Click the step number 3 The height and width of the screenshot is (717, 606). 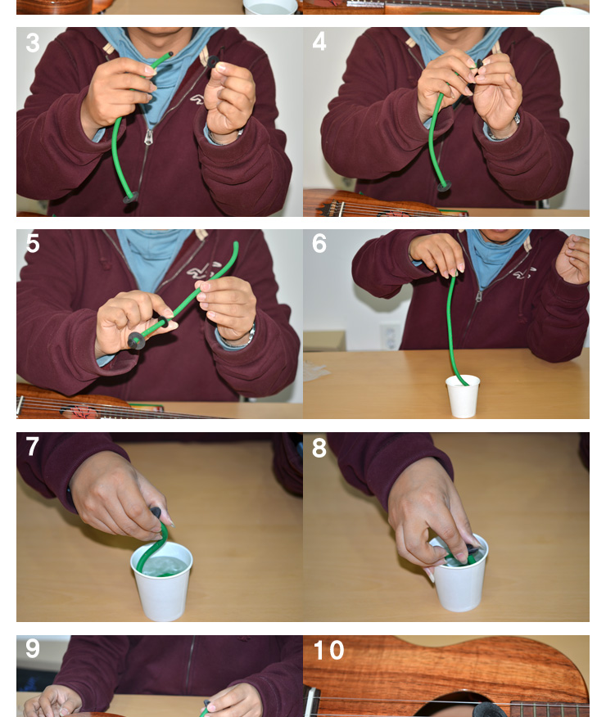(33, 43)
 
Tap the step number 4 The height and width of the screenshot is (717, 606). (319, 42)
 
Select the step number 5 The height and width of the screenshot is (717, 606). (33, 243)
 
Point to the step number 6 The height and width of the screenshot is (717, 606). (319, 243)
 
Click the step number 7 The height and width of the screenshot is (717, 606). (32, 446)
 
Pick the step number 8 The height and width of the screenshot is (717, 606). (319, 448)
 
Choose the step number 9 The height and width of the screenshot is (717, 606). (32, 648)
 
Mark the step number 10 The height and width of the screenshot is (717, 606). (328, 650)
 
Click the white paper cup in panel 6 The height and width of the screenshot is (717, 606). (463, 396)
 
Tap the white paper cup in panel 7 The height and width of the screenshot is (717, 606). (162, 581)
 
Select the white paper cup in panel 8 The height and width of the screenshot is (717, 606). (459, 574)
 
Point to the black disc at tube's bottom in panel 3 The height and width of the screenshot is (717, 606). (130, 197)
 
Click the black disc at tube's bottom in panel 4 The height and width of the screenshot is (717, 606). (444, 186)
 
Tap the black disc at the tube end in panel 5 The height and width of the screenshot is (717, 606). (136, 340)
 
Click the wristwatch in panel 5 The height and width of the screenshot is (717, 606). (249, 336)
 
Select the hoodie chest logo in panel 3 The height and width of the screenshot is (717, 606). (197, 99)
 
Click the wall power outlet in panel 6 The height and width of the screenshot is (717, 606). (390, 337)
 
